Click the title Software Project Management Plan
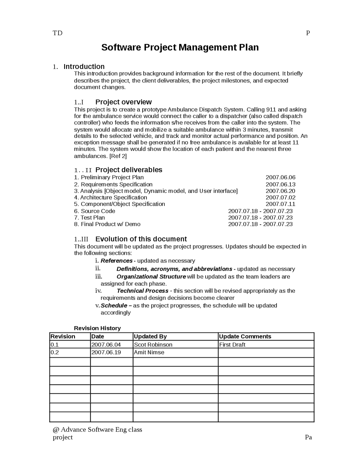[180, 47]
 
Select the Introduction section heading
[84, 67]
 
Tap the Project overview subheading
[123, 102]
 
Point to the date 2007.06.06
[280, 177]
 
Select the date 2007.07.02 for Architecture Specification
[280, 198]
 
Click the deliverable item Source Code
[98, 211]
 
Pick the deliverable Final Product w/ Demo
[111, 224]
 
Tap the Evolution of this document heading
[141, 239]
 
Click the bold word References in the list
[117, 261]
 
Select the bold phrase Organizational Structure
[151, 277]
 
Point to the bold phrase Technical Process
[142, 291]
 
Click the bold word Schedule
[114, 305]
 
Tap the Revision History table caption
[97, 328]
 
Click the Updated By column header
[150, 336]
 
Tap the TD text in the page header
[57, 33]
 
